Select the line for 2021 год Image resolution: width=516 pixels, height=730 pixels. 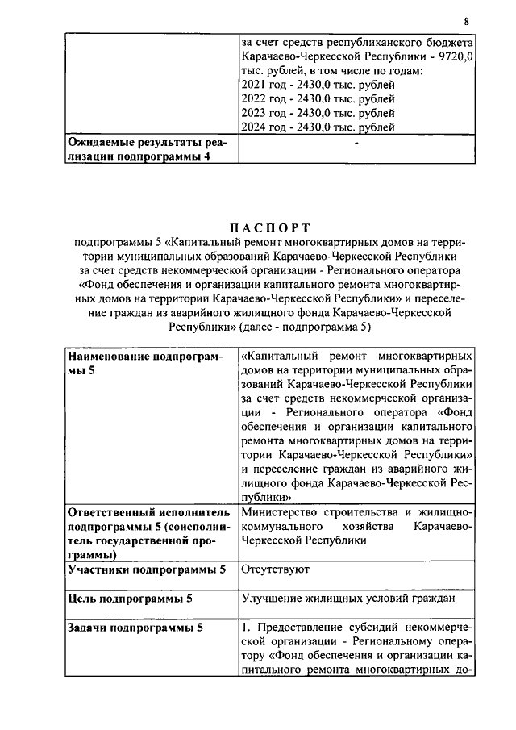click(318, 84)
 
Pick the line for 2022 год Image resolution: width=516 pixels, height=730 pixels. click(318, 98)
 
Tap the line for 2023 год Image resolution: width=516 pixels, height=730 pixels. click(318, 112)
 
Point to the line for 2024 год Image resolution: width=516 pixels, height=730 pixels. click(318, 127)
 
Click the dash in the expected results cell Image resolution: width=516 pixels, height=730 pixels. click(356, 143)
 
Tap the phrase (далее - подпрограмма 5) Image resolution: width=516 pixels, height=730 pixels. click(310, 328)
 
